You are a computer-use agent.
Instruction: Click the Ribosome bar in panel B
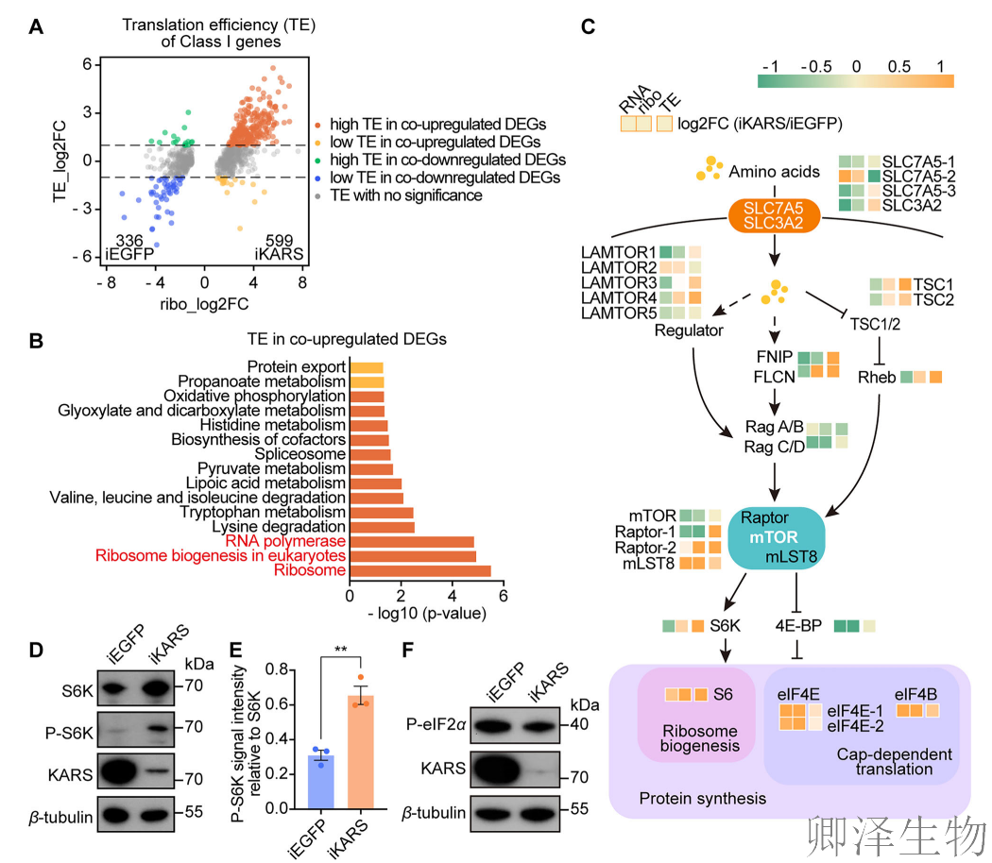tap(420, 571)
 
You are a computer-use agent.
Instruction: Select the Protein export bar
tap(367, 367)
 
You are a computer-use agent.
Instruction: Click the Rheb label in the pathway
tap(876, 377)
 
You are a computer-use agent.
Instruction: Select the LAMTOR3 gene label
tap(619, 283)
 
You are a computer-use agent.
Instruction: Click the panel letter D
tap(37, 651)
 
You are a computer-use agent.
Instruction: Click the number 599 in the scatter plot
tap(280, 241)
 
